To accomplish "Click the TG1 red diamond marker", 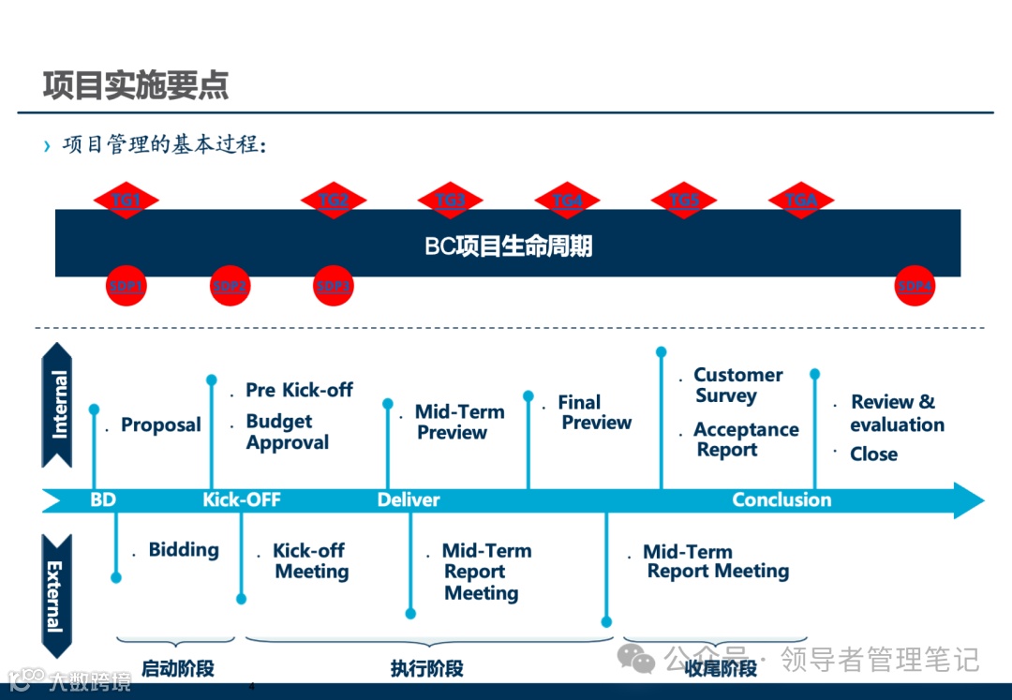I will tap(126, 201).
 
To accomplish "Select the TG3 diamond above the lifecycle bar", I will tap(450, 201).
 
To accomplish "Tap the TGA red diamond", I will tap(801, 201).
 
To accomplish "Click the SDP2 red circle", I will tap(230, 287).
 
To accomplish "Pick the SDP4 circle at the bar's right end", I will tap(915, 287).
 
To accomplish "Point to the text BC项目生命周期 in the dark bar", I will tap(508, 246).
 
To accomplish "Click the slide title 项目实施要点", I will tap(136, 85).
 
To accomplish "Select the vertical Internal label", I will tap(58, 405).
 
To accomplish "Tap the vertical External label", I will tap(56, 596).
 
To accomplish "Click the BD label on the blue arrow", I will tap(103, 500).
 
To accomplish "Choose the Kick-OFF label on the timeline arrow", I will tap(242, 500).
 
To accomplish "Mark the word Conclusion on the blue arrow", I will tap(781, 500).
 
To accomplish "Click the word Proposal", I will tap(161, 425).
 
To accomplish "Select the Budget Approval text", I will tap(287, 432).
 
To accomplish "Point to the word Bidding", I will tap(184, 550).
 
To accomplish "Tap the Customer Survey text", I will tap(737, 385).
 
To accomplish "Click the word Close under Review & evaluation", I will tap(873, 454).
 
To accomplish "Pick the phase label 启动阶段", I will tap(178, 668).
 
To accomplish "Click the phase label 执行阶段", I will tap(427, 668).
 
